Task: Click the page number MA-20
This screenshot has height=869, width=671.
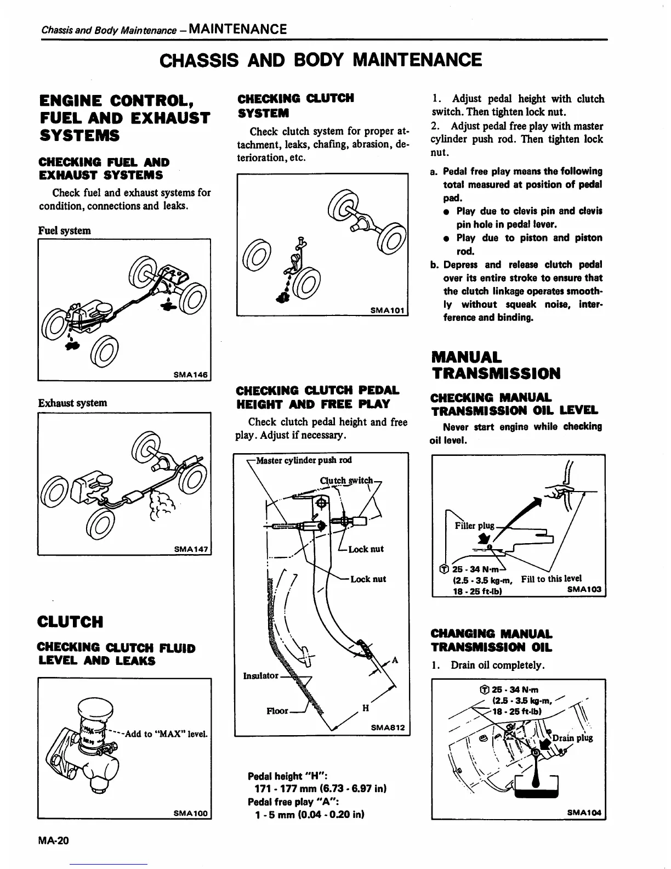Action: pos(54,840)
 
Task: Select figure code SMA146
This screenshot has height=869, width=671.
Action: pos(190,375)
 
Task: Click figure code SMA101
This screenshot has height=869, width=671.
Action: pos(387,311)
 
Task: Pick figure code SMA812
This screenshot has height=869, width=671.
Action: pos(387,727)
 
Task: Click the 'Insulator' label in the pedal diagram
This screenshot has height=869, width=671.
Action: pos(260,675)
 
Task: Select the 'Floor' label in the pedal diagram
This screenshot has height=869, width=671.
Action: pos(277,711)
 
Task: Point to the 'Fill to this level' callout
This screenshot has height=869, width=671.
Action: pos(551,578)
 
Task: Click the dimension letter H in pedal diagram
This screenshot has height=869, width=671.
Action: pos(366,708)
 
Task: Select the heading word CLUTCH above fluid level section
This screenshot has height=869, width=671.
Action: pos(70,622)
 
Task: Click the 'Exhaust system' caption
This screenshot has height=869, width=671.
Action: pos(72,403)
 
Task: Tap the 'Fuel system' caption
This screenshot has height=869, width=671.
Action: pos(65,230)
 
